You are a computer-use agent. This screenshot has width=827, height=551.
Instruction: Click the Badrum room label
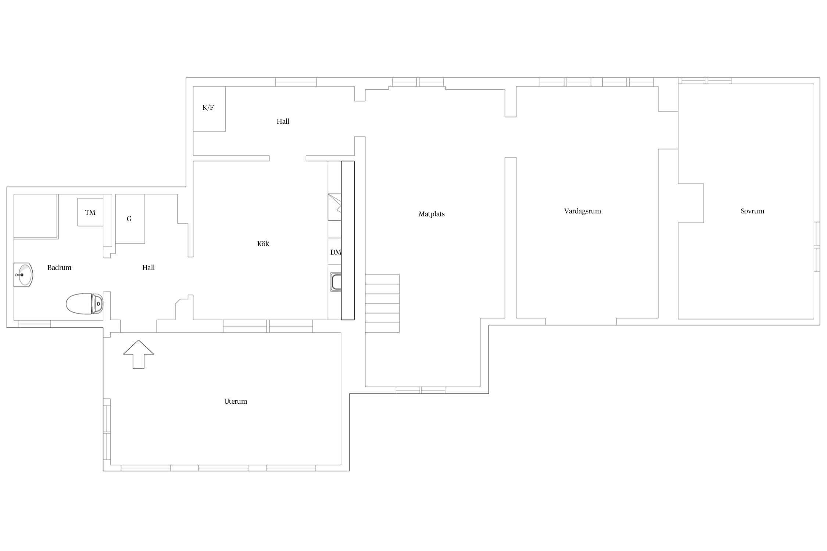click(59, 267)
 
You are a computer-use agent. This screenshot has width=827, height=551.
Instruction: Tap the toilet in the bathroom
click(85, 304)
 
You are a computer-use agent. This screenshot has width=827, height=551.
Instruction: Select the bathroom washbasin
click(23, 275)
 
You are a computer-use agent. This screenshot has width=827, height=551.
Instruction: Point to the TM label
click(90, 212)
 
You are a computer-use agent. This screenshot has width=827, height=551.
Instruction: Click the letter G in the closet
click(129, 219)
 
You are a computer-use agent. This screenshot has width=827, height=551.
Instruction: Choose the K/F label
click(208, 108)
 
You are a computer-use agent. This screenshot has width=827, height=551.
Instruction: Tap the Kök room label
click(263, 244)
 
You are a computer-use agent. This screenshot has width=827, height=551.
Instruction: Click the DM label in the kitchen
click(336, 252)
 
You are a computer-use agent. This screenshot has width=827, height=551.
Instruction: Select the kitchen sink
click(336, 282)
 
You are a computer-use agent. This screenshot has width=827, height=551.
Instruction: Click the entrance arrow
click(139, 354)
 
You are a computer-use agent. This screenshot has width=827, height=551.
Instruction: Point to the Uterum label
click(236, 401)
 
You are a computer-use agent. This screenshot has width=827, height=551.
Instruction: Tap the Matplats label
click(432, 214)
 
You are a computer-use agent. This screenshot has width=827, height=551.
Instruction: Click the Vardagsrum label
click(583, 211)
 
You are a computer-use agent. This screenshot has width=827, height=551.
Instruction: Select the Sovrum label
click(752, 211)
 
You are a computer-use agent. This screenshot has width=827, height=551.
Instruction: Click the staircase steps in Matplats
click(382, 303)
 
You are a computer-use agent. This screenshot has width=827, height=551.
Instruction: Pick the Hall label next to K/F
click(283, 121)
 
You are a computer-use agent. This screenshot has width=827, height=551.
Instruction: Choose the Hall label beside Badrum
click(148, 267)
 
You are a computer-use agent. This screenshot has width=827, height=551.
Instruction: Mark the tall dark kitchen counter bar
click(348, 240)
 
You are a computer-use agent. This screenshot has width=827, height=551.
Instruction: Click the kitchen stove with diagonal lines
click(334, 207)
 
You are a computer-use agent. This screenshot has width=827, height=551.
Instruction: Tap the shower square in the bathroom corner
click(36, 216)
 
